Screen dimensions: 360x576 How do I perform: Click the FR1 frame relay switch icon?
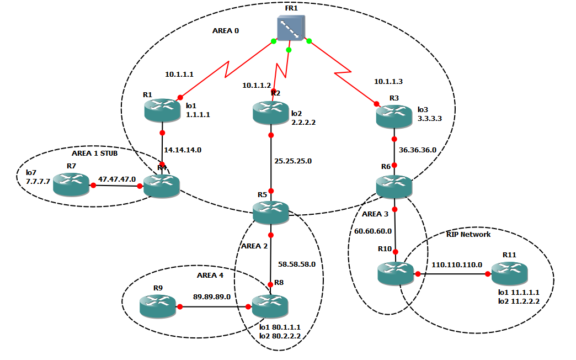coord(291,28)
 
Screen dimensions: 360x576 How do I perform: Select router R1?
coord(162,110)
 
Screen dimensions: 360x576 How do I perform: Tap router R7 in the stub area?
coord(71,184)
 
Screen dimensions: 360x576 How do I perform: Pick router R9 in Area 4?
coord(157,306)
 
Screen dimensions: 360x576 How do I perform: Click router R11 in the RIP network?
coord(509,273)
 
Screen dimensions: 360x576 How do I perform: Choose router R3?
coord(394,116)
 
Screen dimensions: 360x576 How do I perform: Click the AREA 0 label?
coord(226,31)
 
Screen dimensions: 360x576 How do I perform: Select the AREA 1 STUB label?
coord(95,153)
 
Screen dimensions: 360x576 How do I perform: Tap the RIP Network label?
coord(468,234)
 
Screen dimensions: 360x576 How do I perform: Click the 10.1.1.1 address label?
coord(179,74)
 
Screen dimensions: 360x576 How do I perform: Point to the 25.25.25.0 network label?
coord(293,161)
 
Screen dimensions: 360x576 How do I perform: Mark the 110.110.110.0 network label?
coord(457,264)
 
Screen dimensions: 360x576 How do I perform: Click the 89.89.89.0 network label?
coord(212,297)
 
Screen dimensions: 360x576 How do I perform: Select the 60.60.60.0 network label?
coord(373,231)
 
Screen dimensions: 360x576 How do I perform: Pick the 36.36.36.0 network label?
coord(418,150)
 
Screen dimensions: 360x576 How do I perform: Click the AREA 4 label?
coord(211,275)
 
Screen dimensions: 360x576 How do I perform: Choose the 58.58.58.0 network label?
coord(297,264)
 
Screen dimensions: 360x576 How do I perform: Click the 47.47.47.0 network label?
coord(117,179)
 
